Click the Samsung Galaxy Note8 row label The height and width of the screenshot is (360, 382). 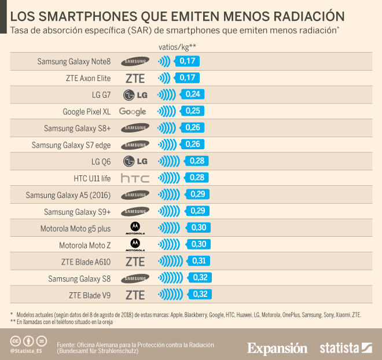(74, 61)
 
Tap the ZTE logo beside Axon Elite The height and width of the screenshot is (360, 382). (135, 78)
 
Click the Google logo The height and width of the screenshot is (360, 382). (133, 111)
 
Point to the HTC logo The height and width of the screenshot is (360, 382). (135, 178)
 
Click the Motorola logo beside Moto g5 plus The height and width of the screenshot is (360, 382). (135, 228)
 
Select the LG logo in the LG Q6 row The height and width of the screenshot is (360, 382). (135, 161)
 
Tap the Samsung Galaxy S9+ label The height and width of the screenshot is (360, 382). (77, 212)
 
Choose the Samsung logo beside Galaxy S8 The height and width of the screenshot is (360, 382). (135, 278)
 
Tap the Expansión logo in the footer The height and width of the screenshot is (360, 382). (277, 348)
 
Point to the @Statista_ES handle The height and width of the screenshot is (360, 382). (27, 351)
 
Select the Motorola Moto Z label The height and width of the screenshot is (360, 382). (85, 245)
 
